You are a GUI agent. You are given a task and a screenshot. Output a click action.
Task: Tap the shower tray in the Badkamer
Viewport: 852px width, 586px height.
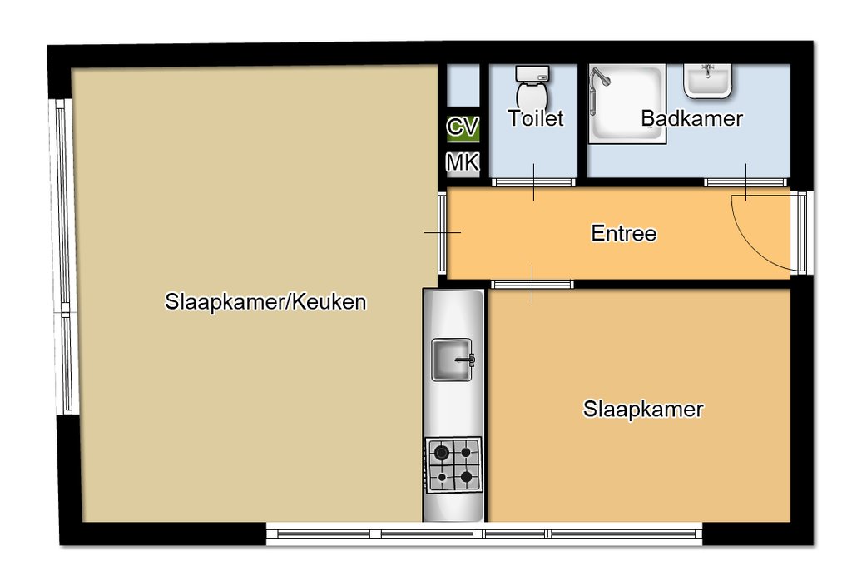(x=627, y=103)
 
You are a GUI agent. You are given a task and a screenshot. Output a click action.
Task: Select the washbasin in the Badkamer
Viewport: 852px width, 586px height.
(x=707, y=81)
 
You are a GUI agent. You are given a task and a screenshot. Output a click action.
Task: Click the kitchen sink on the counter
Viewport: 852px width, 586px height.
(x=452, y=360)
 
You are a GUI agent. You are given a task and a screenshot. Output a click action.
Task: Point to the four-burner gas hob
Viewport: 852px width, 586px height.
(x=453, y=464)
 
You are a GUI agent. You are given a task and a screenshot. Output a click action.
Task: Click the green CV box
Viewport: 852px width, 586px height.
(x=463, y=127)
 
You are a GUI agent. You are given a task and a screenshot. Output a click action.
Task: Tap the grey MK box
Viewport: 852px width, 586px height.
(x=463, y=162)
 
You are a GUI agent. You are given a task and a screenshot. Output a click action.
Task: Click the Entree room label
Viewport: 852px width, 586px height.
(x=624, y=233)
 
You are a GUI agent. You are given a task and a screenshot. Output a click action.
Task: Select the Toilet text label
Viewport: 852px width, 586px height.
(x=536, y=118)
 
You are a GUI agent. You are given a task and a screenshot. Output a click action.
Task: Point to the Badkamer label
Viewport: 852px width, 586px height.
(x=691, y=118)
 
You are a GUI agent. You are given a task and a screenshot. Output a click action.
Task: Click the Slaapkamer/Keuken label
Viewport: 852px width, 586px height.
(x=265, y=301)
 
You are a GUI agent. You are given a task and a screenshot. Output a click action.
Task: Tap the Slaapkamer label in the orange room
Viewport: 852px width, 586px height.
(x=643, y=409)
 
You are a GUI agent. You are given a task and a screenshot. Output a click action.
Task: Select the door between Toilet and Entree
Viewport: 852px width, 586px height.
(x=533, y=182)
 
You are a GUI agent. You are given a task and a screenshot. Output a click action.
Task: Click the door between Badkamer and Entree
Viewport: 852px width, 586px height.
(x=746, y=182)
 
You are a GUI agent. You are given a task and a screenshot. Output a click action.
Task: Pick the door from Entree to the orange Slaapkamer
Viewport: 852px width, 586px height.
(x=532, y=285)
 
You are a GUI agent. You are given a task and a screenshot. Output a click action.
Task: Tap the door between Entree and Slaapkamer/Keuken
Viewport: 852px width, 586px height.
(x=443, y=233)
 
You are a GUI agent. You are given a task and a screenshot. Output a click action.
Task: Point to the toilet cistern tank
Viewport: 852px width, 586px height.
(x=532, y=73)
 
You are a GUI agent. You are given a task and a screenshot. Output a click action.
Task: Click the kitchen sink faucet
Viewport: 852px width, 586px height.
(x=466, y=360)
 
